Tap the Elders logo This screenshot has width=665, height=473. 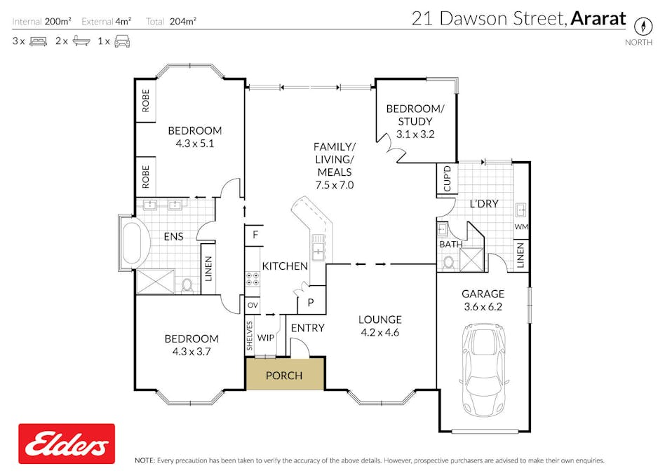tap(67, 444)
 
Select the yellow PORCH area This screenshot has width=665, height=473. tap(284, 375)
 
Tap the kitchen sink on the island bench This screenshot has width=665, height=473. tap(318, 250)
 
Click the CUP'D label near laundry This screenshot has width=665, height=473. tap(447, 178)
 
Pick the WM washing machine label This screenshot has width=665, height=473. tap(520, 227)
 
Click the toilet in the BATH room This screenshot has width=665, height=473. tap(448, 262)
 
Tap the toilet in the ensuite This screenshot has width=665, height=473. tap(187, 285)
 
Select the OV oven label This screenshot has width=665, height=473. tap(253, 306)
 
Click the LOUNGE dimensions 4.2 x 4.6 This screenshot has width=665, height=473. tap(379, 333)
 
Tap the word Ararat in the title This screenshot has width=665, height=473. tap(598, 19)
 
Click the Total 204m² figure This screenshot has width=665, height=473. tap(171, 21)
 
